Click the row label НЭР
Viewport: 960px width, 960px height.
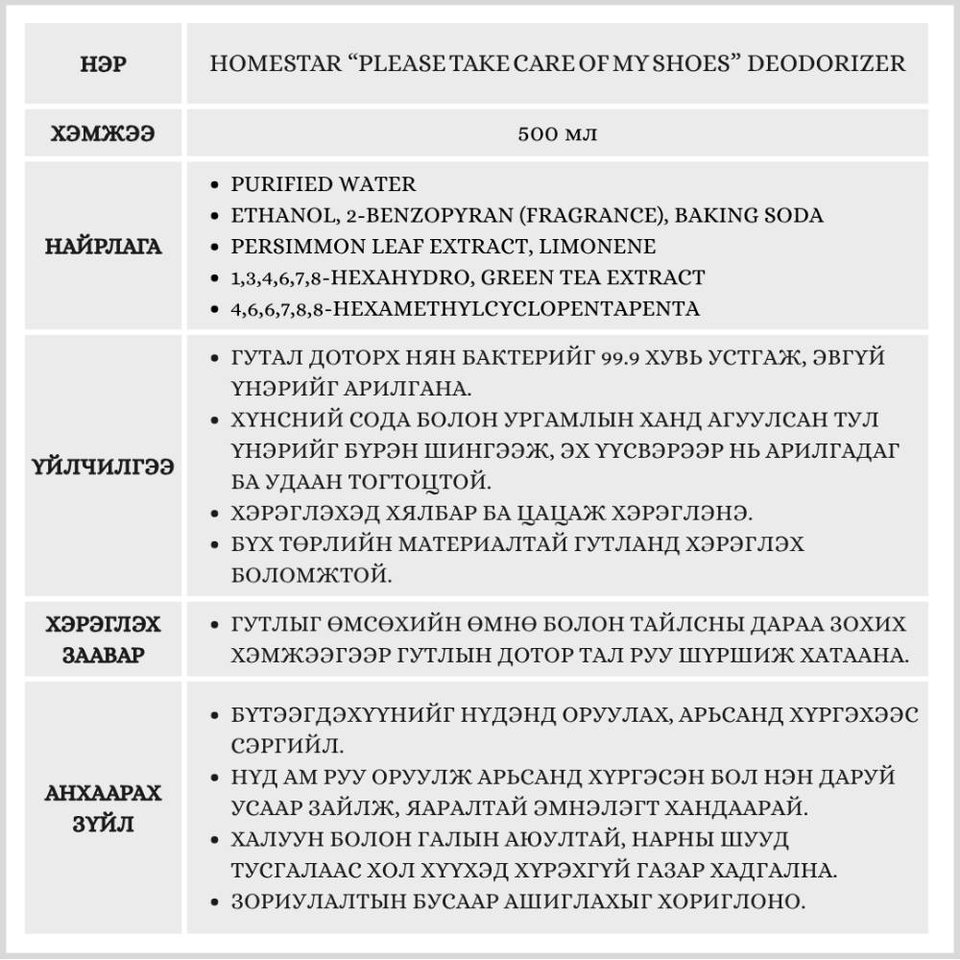104,64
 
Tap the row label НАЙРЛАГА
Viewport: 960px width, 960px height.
104,247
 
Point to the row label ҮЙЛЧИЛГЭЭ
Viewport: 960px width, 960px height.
104,467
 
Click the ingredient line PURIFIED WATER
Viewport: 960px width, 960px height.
324,184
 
